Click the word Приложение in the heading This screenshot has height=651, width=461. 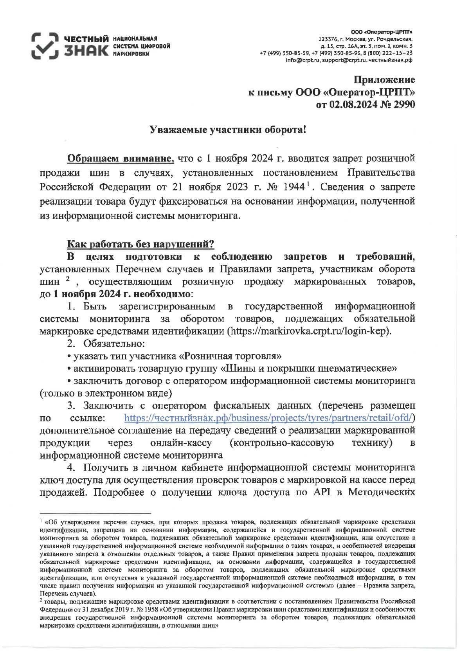[x=384, y=80]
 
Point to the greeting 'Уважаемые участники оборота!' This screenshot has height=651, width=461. [x=229, y=130]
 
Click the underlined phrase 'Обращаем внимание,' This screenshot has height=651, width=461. [x=121, y=158]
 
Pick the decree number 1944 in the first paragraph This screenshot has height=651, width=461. [x=293, y=187]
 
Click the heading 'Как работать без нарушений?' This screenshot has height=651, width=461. [x=140, y=245]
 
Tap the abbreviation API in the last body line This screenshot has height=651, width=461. [x=322, y=492]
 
